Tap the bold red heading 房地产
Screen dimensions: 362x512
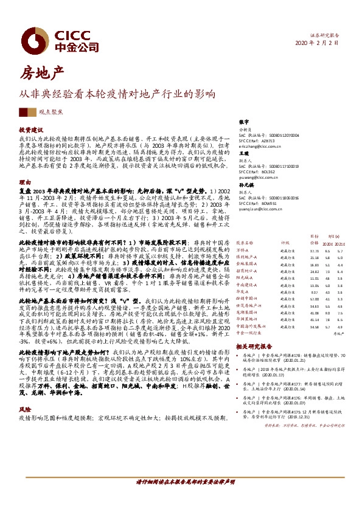(42, 74)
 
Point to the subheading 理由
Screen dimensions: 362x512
(25, 182)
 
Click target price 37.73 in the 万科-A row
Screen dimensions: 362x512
(315, 251)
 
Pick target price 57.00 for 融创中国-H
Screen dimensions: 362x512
(315, 299)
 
